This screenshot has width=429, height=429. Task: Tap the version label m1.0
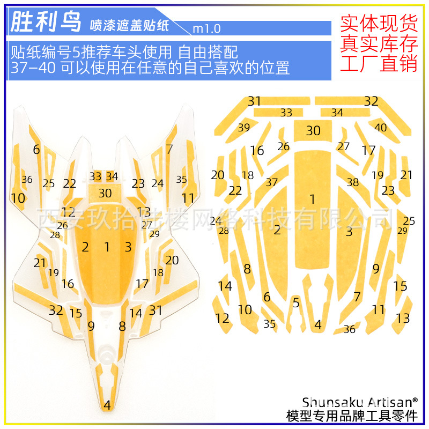point(206,28)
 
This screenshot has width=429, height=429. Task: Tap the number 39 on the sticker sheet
point(244,127)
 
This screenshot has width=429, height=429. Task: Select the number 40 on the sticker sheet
point(381,127)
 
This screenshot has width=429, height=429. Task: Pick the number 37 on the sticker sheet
point(272,182)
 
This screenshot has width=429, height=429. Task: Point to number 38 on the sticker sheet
point(352,182)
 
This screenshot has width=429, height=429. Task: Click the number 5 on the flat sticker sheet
point(296,302)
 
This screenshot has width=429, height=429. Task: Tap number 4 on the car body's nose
point(107,405)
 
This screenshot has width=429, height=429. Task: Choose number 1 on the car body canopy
point(107,247)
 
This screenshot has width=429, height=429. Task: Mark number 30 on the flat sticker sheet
point(313,130)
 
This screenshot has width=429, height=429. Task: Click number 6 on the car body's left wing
point(36,150)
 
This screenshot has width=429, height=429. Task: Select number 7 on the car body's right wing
point(169,150)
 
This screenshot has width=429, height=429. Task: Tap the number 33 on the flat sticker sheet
point(286,113)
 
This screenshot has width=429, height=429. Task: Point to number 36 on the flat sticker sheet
point(349,329)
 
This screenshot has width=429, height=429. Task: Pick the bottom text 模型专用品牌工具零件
point(352,416)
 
